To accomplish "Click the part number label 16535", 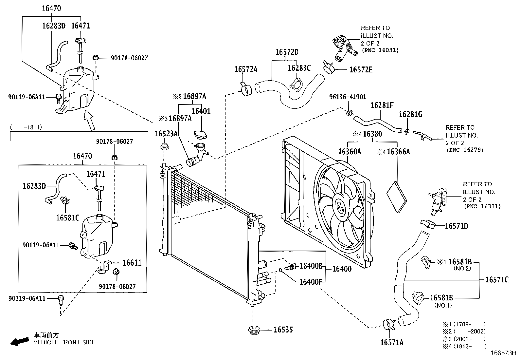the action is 283,330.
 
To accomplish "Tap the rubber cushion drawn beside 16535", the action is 254,330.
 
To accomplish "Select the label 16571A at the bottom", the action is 392,343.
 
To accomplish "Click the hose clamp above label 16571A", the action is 389,324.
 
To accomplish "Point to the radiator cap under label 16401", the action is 200,135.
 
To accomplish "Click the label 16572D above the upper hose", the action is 287,52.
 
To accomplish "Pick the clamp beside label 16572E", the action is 329,67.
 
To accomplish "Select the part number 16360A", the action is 349,152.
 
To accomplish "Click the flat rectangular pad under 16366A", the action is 397,197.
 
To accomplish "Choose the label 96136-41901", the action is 348,97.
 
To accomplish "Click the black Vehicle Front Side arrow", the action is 19,341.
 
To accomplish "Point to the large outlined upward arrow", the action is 90,120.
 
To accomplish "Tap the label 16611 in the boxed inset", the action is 132,263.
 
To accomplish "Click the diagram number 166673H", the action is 503,353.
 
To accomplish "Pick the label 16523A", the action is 166,133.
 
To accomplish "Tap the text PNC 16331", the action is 482,206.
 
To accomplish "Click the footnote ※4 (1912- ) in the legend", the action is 464,346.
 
